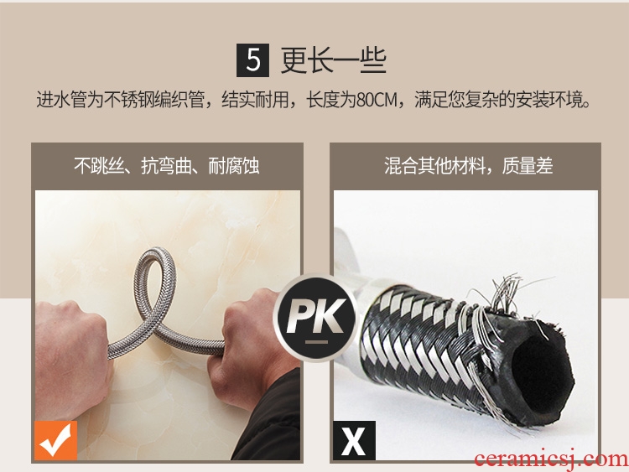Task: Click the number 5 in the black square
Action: [252, 60]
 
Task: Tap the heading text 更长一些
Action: [333, 60]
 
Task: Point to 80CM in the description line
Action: [377, 100]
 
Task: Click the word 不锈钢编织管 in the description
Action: [154, 100]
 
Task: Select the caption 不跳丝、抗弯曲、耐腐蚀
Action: [167, 166]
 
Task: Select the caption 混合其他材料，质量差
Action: [469, 166]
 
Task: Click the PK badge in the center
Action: [315, 317]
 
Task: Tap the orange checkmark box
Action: [55, 440]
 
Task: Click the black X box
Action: [354, 440]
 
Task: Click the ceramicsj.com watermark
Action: [551, 459]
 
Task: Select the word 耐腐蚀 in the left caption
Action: [234, 166]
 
